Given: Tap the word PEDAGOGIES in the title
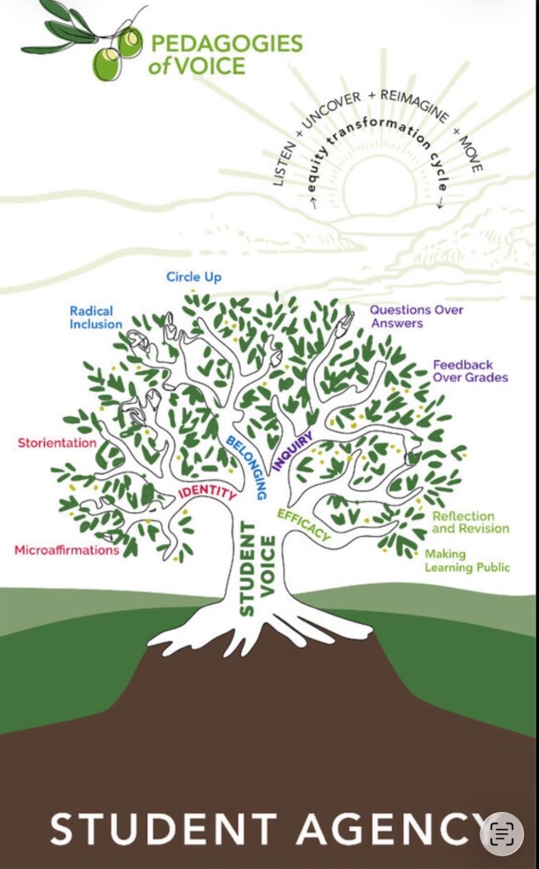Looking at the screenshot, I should pos(225,44).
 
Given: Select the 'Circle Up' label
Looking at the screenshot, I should pos(194,277).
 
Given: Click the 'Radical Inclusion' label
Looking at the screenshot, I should pos(96,318).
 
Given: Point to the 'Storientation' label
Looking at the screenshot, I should pos(57,443).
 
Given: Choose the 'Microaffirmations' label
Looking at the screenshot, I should pos(66,550).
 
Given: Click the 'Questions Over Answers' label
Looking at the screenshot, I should pos(416,316).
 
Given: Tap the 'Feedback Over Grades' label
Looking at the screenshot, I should pos(470,371).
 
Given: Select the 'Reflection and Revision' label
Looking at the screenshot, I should pos(470,522).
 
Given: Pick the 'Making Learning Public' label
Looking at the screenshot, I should pos(467,561).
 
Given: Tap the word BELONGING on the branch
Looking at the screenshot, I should pos(247,466).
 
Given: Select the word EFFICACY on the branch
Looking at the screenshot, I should pos(303,525).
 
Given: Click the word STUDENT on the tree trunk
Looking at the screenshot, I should pos(247,569).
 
